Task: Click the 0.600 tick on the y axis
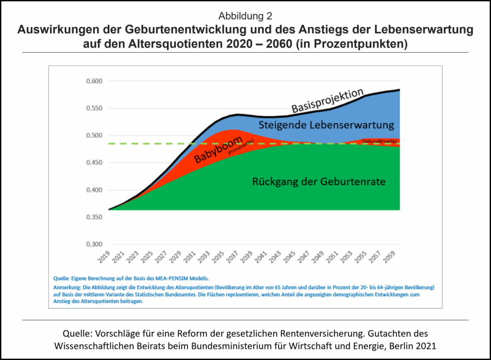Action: [94, 81]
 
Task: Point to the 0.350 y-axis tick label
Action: [94, 217]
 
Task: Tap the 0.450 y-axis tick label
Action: [94, 163]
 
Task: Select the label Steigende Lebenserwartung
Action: [326, 126]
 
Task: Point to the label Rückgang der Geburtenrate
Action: [319, 182]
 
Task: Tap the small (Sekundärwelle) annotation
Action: [379, 141]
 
